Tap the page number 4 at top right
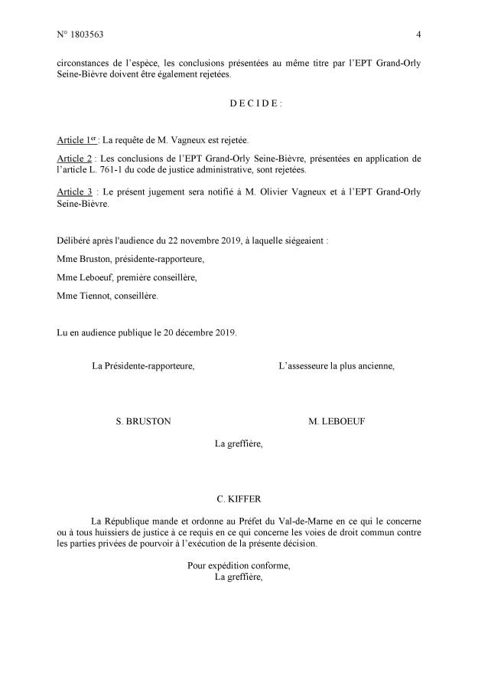[x=418, y=34]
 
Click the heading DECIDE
[x=239, y=103]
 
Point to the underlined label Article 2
[x=73, y=159]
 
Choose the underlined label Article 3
[x=73, y=191]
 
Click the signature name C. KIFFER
[x=239, y=499]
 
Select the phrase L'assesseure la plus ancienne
[x=337, y=366]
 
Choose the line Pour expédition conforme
[x=239, y=566]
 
